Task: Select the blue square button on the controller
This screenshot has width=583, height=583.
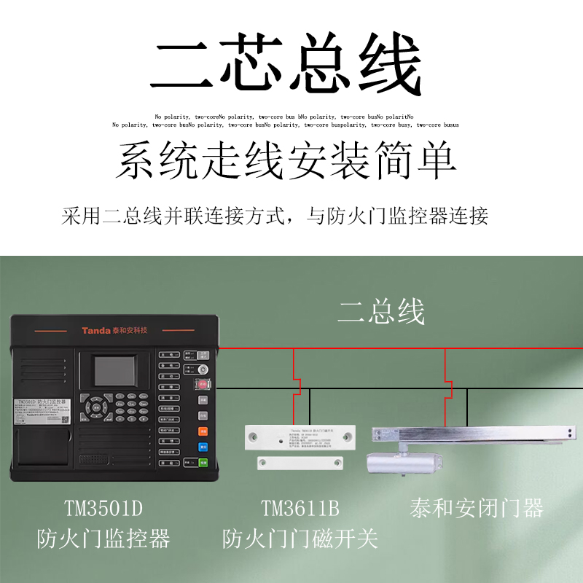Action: pyautogui.click(x=203, y=447)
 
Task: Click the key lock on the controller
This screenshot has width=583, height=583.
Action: pyautogui.click(x=203, y=369)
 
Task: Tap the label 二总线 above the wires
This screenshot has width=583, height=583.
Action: pyautogui.click(x=381, y=312)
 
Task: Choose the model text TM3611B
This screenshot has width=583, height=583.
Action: pyautogui.click(x=300, y=507)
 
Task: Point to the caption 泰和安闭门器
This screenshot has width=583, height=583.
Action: pyautogui.click(x=477, y=507)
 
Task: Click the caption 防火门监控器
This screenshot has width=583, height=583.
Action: pyautogui.click(x=103, y=539)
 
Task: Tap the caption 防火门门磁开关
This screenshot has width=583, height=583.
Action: pyautogui.click(x=300, y=539)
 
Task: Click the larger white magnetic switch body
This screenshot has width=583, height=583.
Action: pyautogui.click(x=300, y=437)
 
